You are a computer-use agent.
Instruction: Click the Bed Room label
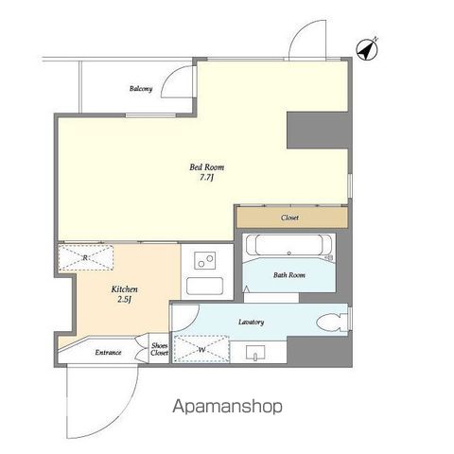(x=207, y=167)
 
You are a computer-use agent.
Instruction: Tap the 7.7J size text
(x=206, y=178)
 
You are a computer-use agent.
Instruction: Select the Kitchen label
(x=124, y=289)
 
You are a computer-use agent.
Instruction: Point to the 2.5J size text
(x=124, y=300)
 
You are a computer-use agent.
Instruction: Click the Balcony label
(x=141, y=89)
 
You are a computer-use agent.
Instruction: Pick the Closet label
(x=289, y=218)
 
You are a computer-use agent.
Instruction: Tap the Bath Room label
(x=289, y=275)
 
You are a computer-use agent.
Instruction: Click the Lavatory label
(x=252, y=322)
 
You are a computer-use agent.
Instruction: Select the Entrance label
(x=108, y=352)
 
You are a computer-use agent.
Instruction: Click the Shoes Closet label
(x=159, y=349)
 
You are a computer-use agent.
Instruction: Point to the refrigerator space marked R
(x=86, y=257)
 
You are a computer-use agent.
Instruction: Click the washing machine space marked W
(x=201, y=349)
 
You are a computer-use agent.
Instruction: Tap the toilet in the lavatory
(x=332, y=323)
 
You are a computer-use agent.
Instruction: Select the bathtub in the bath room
(x=288, y=245)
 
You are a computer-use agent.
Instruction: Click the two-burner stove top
(x=205, y=260)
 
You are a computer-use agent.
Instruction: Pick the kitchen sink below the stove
(x=204, y=286)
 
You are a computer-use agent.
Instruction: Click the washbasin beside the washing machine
(x=255, y=353)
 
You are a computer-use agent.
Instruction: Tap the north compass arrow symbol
(x=367, y=49)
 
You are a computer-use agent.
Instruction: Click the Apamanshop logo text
(x=227, y=407)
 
